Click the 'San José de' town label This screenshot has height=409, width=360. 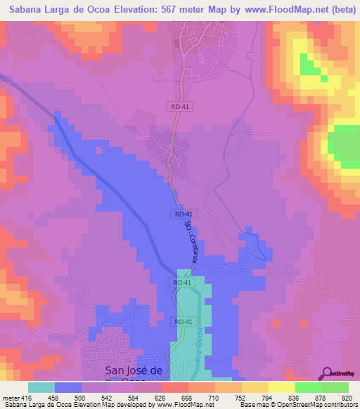(x=134, y=370)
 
